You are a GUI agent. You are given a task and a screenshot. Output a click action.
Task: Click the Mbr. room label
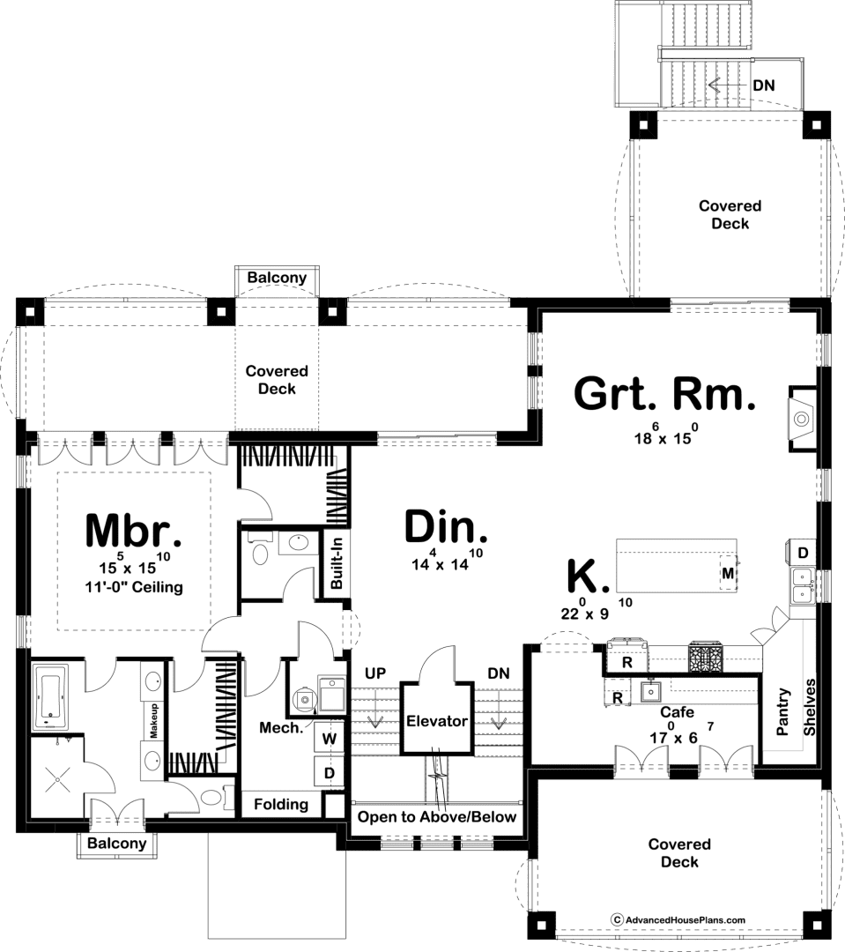[x=134, y=530]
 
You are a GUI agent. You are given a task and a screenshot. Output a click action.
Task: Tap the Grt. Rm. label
[x=664, y=394]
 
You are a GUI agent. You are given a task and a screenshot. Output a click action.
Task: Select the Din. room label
[x=446, y=526]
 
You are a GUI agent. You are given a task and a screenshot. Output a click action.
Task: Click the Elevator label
[x=437, y=721]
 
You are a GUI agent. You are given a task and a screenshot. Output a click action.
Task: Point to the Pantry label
[x=783, y=711]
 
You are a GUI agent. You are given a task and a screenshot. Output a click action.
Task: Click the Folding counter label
[x=281, y=805]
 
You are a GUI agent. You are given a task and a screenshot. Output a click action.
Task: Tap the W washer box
[x=329, y=739]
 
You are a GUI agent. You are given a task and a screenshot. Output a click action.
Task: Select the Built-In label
[x=337, y=562]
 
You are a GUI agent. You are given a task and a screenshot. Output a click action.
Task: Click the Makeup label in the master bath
[x=153, y=721]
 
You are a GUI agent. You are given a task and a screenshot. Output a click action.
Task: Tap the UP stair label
[x=375, y=673]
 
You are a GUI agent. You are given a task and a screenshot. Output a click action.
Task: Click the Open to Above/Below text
[x=437, y=817]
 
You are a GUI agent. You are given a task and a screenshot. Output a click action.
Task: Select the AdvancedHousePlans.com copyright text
[x=678, y=919]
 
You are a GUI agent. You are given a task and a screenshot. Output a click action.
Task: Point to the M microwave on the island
[x=727, y=573]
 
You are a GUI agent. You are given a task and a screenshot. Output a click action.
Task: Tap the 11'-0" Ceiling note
[x=134, y=587]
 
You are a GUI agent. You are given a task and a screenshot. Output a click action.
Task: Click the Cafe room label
[x=677, y=712]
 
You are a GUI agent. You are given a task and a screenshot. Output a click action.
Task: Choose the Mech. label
[x=281, y=727]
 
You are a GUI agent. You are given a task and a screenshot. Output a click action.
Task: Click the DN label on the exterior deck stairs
[x=764, y=86]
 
